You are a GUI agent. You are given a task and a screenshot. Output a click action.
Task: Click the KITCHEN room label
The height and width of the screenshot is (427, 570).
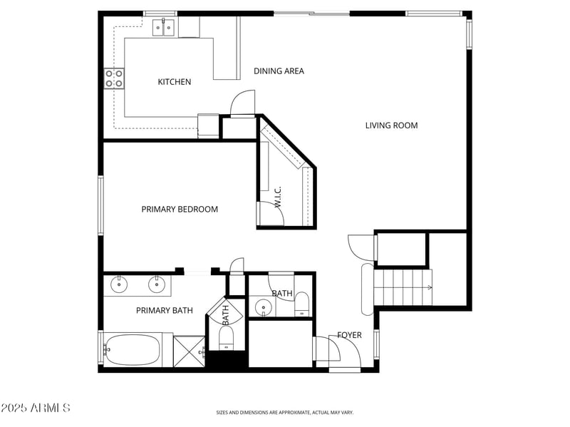click(174, 82)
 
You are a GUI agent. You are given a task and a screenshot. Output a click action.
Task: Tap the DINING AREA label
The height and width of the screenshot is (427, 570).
click(279, 71)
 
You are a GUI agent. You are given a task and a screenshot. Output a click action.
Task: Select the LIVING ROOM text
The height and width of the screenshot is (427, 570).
click(391, 125)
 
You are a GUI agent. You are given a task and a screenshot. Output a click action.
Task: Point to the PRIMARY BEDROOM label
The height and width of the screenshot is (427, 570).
click(180, 210)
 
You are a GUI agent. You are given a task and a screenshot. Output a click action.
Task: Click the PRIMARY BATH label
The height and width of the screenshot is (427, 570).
click(164, 311)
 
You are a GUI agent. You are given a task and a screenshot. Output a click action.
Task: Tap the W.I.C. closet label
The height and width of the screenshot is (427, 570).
click(278, 197)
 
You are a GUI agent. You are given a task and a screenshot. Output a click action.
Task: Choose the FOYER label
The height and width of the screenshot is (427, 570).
click(349, 335)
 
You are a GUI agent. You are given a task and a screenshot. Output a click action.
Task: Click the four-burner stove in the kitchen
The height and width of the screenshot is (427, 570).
click(114, 78)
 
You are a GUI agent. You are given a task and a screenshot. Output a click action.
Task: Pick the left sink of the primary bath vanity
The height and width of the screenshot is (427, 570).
click(118, 284)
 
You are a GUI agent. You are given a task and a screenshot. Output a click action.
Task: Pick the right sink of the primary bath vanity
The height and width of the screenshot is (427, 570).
click(156, 284)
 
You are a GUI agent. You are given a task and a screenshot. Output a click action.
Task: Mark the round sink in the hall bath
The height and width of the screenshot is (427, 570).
click(264, 309)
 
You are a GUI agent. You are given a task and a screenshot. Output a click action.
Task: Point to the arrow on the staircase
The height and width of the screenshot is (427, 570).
click(428, 288)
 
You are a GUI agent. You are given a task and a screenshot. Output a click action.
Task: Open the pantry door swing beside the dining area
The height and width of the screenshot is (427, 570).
click(242, 103)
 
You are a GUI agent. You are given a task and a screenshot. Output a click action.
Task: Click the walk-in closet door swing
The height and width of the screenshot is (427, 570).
click(271, 214)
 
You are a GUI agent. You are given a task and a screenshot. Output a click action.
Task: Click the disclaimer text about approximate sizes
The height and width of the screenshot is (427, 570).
click(285, 412)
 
